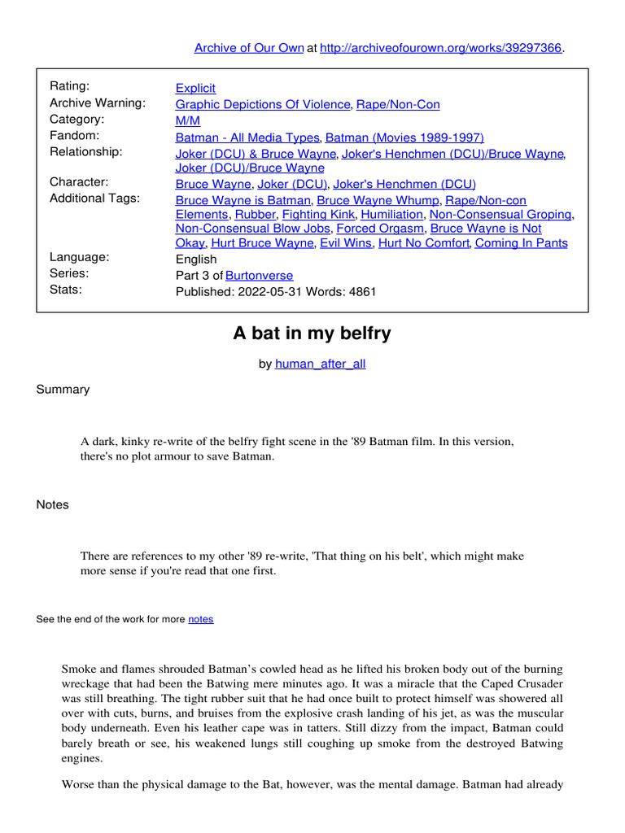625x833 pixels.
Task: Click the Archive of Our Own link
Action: [248, 48]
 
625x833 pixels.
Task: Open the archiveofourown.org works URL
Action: [441, 48]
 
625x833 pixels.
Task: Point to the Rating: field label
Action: [70, 86]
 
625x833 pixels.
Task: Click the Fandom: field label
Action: [74, 135]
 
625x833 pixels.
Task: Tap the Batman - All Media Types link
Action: [248, 137]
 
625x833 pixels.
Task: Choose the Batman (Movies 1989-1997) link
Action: [404, 137]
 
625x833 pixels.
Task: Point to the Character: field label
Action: [79, 182]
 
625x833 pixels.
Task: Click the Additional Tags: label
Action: [94, 198]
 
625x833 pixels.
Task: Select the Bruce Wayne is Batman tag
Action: [243, 200]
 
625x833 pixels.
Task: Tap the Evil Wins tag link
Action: [344, 242]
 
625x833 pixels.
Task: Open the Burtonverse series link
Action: [259, 275]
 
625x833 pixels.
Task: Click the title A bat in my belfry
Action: [312, 333]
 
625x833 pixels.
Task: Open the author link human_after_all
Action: [321, 364]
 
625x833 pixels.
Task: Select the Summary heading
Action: [63, 390]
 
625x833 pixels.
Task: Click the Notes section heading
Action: [53, 504]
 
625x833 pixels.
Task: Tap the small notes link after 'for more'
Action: [201, 619]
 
